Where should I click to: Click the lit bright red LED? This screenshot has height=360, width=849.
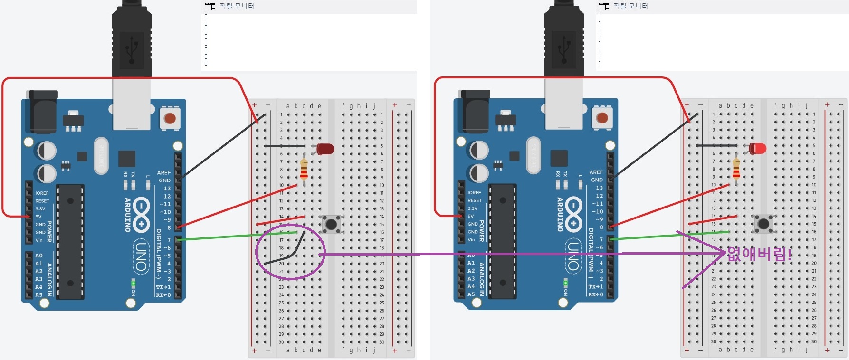pos(758,148)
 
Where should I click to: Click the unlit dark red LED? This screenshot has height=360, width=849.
pos(326,149)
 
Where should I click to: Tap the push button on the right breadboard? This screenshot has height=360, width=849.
pos(763,223)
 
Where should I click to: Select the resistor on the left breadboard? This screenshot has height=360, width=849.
pos(304,169)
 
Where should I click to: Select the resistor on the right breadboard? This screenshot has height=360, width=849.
pos(736,168)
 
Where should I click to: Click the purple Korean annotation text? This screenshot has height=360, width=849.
pos(759,254)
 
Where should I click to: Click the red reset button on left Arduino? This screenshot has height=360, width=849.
pos(170,118)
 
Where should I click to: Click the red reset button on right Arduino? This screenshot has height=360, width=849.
pos(602,118)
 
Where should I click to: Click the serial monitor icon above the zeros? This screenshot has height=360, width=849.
pos(210,6)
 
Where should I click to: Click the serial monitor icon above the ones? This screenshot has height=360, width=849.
pos(604,6)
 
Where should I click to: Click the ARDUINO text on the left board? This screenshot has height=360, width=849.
pos(127,215)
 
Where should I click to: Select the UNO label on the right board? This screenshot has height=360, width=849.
pos(573,256)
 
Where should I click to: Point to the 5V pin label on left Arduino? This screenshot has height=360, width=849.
pos(38,217)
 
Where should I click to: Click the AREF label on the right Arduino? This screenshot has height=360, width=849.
pos(596,172)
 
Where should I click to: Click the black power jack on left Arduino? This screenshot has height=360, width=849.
pos(43,113)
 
